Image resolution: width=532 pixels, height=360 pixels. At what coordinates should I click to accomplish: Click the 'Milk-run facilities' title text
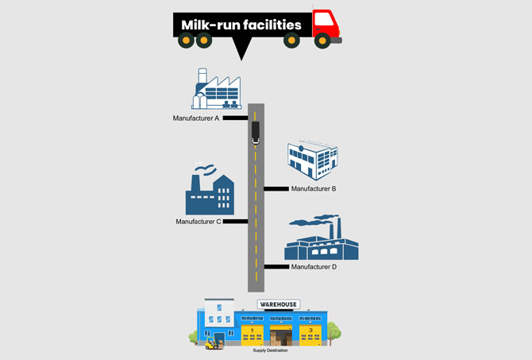[241, 25]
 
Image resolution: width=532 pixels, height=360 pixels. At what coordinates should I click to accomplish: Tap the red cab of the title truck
[326, 24]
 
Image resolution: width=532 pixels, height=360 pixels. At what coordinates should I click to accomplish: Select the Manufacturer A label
[196, 118]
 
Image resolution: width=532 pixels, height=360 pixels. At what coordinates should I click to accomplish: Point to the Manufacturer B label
[314, 188]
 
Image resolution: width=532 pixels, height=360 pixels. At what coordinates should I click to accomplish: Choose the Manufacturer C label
[199, 222]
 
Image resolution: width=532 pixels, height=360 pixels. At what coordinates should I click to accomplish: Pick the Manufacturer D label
[314, 267]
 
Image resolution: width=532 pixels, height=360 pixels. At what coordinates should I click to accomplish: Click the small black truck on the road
[256, 133]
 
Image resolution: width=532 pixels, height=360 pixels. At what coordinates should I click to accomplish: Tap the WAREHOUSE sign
[279, 304]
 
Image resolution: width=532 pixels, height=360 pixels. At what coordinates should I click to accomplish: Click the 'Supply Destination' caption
[270, 350]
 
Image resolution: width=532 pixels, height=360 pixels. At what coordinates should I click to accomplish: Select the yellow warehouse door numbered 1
[252, 335]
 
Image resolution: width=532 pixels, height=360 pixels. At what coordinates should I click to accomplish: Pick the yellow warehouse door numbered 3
[310, 335]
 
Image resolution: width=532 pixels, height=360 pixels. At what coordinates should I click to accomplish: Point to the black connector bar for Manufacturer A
[236, 118]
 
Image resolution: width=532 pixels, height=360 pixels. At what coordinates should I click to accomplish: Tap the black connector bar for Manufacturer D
[276, 267]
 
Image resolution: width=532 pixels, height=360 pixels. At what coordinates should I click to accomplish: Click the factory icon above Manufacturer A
[217, 89]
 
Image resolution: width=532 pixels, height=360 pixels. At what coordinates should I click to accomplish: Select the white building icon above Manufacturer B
[313, 161]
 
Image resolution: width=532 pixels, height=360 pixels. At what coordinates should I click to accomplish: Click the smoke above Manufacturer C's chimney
[206, 168]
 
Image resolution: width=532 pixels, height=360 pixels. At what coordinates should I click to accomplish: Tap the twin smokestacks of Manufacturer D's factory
[335, 228]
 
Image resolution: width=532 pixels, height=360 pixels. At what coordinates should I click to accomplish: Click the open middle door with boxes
[281, 335]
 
